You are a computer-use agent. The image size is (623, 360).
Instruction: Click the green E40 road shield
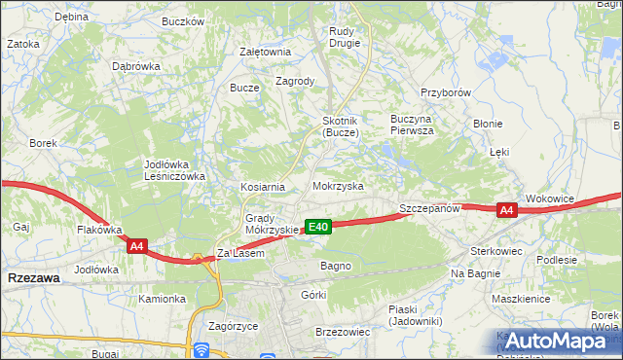point(318,227)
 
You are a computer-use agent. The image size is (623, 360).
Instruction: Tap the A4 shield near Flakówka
point(137,247)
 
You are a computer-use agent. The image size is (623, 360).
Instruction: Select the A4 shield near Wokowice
point(506,209)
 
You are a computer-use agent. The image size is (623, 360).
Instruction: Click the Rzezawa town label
point(32,277)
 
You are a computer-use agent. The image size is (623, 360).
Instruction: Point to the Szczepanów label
point(428,209)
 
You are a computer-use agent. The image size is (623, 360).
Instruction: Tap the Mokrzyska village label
point(338,185)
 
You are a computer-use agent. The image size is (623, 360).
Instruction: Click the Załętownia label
point(266,52)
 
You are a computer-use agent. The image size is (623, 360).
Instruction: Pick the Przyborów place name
point(446,92)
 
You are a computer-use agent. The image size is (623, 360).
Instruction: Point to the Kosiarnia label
point(263,186)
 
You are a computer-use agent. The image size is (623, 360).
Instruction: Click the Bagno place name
point(335,265)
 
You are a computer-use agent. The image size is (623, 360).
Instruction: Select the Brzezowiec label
point(343,332)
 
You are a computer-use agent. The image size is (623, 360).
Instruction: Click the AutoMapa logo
point(551,341)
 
